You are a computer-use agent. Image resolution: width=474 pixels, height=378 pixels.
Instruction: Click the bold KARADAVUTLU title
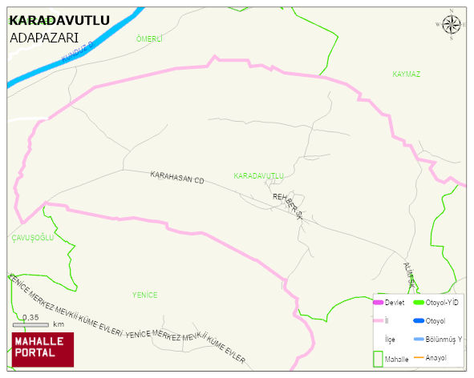click(59, 20)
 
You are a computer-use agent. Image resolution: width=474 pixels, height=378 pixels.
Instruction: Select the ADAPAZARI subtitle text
click(43, 38)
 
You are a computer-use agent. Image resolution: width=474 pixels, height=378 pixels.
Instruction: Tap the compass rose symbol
click(452, 26)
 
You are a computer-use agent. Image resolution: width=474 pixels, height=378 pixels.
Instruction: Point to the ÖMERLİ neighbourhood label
click(150, 39)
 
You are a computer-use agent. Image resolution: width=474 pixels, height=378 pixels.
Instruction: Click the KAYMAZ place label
click(407, 74)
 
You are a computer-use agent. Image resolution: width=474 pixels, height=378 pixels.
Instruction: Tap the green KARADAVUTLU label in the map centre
click(259, 175)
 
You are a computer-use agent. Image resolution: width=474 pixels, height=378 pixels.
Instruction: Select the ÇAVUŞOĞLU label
click(32, 238)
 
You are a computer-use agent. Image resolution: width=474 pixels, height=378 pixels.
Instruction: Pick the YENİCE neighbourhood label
click(145, 296)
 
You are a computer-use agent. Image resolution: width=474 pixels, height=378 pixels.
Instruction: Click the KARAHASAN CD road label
click(177, 178)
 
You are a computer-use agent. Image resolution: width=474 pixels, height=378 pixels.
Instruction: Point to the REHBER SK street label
click(288, 205)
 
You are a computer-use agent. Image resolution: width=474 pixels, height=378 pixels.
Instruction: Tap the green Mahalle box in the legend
click(379, 358)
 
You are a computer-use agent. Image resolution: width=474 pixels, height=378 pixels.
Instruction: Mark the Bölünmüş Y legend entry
click(443, 339)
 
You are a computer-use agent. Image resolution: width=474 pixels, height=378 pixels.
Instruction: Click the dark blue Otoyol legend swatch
click(418, 321)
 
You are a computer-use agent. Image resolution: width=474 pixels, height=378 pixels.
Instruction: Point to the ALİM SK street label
click(409, 270)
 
